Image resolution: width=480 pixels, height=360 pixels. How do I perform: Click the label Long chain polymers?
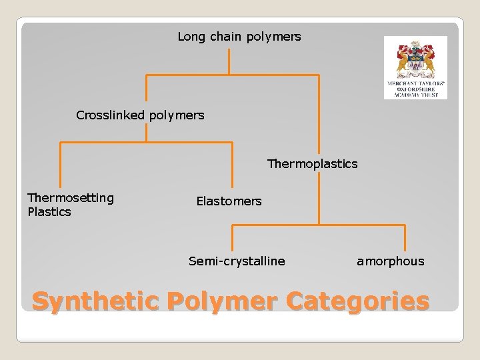(x=239, y=37)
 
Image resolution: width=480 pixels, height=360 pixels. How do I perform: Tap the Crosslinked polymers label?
(x=140, y=115)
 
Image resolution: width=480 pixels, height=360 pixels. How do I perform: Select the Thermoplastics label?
(x=312, y=163)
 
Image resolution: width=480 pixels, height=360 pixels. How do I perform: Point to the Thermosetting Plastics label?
(x=70, y=205)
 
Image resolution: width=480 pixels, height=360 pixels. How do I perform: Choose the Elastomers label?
(x=229, y=201)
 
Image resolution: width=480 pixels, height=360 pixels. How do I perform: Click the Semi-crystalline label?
(x=237, y=261)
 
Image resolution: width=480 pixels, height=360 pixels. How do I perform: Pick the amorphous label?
(x=390, y=261)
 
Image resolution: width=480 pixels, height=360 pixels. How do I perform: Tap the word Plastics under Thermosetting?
(x=49, y=212)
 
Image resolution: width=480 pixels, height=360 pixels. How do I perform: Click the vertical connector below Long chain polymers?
(x=229, y=61)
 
